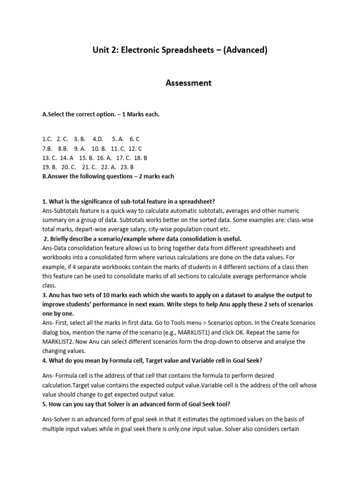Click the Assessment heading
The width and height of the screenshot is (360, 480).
click(189, 83)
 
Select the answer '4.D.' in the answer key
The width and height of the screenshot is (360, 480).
click(98, 139)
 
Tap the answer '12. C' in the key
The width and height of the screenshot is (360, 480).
click(135, 149)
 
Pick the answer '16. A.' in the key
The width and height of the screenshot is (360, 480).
click(104, 158)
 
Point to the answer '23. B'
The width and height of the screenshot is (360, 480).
click(127, 167)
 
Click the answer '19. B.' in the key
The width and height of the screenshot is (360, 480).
click(50, 167)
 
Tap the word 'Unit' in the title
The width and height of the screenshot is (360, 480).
click(101, 50)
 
